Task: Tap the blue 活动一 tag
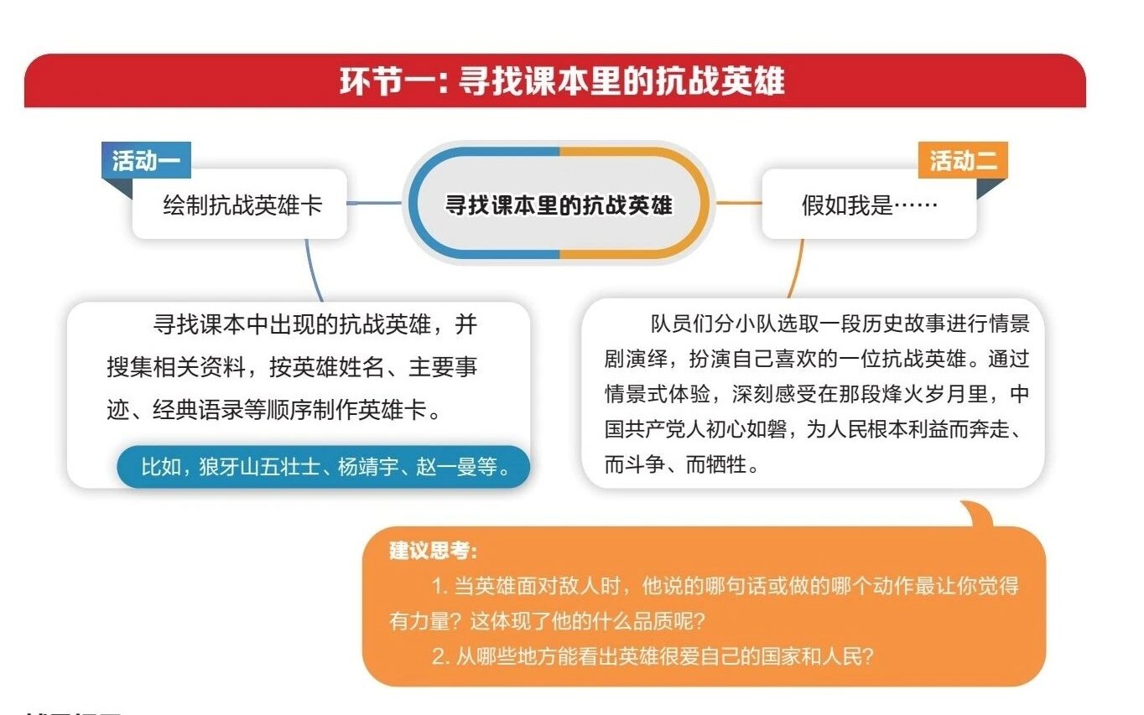pos(146,160)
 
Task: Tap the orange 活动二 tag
pos(963,160)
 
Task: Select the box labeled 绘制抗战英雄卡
pos(240,205)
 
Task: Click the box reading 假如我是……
pos(869,205)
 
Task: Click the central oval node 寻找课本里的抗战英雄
pos(559,203)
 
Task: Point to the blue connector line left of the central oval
pos(374,203)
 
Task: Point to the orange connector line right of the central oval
pos(739,203)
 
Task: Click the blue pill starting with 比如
pos(323,467)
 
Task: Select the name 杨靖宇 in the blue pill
pos(367,467)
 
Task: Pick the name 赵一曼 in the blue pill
pos(446,467)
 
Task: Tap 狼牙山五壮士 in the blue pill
pos(259,467)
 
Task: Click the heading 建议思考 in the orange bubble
pos(433,551)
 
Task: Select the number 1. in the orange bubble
pos(440,586)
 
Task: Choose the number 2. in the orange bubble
pos(441,656)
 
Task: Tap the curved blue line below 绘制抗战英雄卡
pos(312,271)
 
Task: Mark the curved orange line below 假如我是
pos(798,269)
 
